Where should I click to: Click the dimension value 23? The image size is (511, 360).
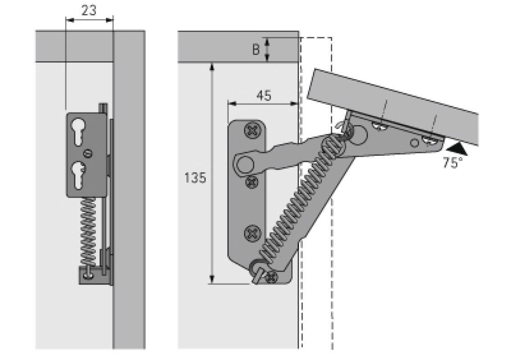(89, 11)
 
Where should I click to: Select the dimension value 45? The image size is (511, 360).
(263, 96)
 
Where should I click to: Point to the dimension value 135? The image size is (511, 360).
(195, 178)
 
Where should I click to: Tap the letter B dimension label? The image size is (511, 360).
(256, 49)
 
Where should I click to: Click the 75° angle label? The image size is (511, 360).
(452, 163)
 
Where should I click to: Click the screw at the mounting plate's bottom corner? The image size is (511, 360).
(271, 277)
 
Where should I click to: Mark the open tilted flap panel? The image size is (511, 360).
(392, 106)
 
